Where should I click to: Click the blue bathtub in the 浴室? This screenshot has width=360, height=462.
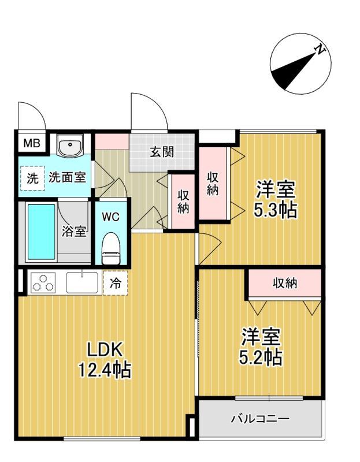pos(41,232)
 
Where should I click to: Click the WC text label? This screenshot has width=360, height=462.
pos(111,217)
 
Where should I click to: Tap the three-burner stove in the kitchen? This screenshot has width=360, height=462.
pos(42,283)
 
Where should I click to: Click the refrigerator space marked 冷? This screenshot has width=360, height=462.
pos(116,283)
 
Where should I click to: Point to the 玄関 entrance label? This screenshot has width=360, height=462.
pos(162,152)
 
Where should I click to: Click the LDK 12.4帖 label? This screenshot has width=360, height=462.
pos(104,359)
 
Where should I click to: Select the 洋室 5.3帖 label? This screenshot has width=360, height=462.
pos(276,199)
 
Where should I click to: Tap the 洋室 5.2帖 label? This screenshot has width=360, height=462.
pos(261,347)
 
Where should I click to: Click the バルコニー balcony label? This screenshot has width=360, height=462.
pos(260,419)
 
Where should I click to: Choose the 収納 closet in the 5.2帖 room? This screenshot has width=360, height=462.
pos(284,283)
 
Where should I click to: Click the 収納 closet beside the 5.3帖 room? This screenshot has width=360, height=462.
pos(213,184)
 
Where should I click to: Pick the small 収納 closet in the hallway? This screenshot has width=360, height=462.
pos(183,202)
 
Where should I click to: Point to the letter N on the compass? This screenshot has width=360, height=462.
pos(318,50)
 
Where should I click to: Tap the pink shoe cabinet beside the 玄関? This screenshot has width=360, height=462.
pos(112,140)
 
